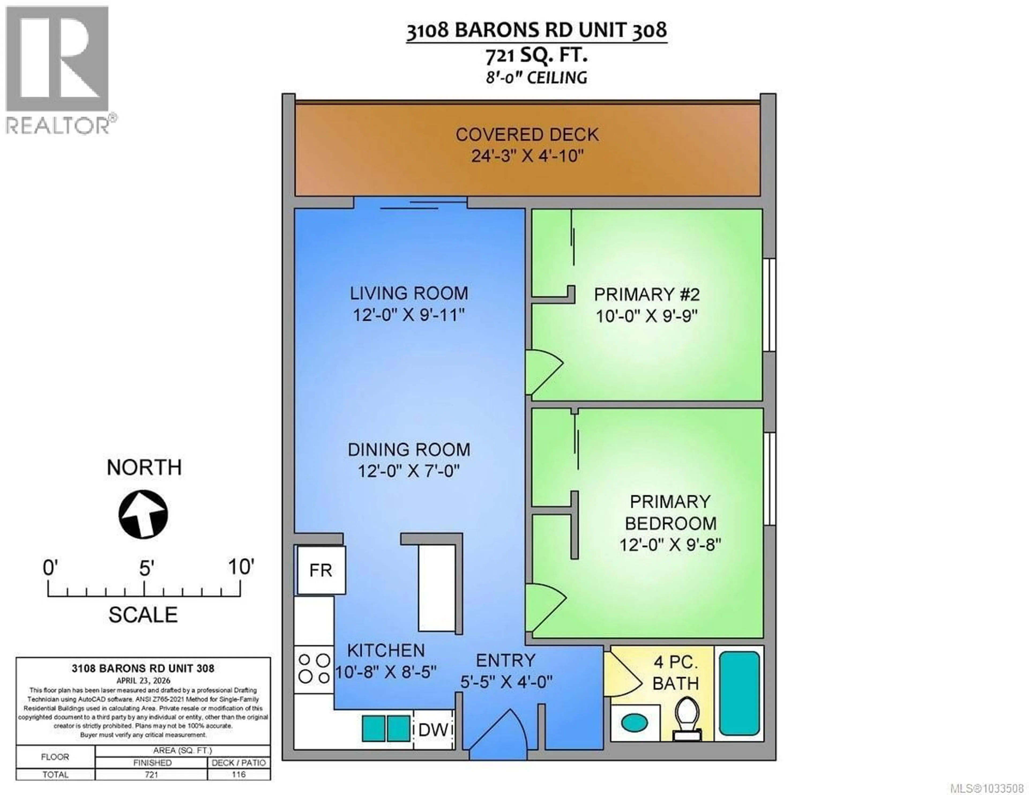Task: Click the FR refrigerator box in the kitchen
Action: point(321,570)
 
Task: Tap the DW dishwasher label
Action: point(433,730)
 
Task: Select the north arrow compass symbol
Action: point(143,514)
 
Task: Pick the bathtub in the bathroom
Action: point(739,693)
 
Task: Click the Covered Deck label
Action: point(527,135)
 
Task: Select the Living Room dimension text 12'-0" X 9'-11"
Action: point(409,315)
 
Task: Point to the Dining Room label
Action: point(409,449)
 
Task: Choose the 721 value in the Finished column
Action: point(152,774)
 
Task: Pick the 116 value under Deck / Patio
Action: point(239,774)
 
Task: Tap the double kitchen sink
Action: point(385,729)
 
